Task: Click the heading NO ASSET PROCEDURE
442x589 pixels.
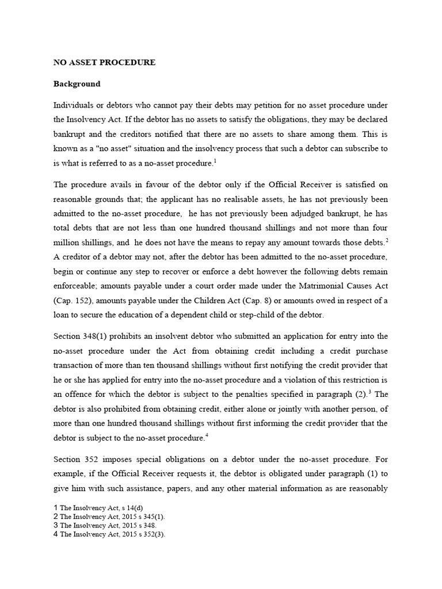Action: click(104, 62)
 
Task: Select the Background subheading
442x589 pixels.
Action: click(77, 83)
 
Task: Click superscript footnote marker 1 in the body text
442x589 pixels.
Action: click(215, 160)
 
